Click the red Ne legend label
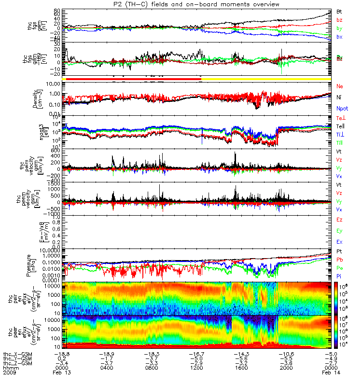[339, 86]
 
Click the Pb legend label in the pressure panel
[339, 260]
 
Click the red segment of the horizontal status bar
[133, 79]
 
